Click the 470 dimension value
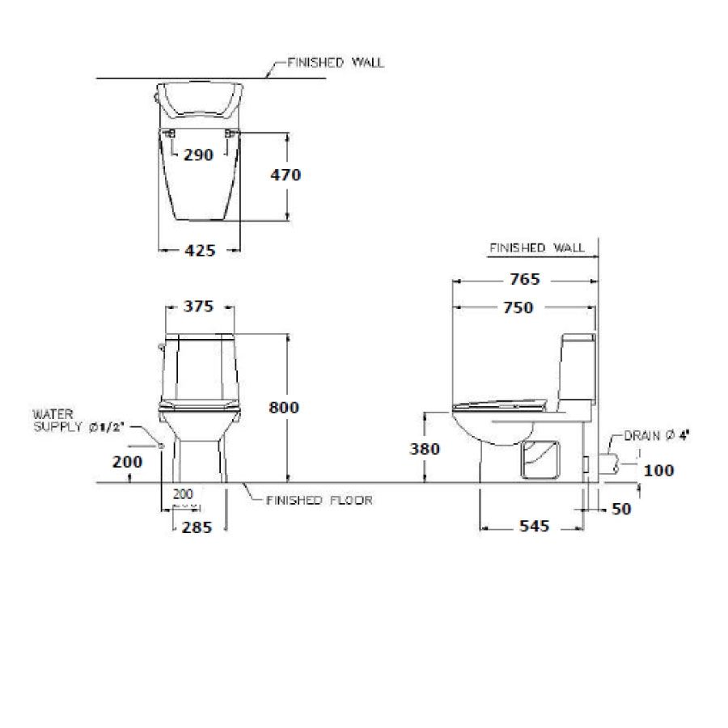(x=286, y=175)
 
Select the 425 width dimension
(x=200, y=251)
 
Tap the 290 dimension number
(x=198, y=154)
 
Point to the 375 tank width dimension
(x=198, y=307)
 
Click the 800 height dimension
(x=284, y=407)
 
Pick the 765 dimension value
(x=525, y=279)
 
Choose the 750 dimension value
(x=518, y=307)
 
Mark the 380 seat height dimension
(x=425, y=449)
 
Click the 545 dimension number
(x=535, y=526)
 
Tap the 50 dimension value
(x=622, y=509)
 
